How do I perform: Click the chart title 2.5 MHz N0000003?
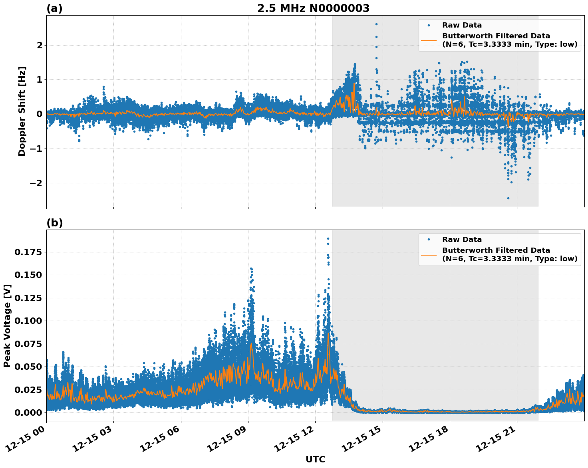[x=313, y=8]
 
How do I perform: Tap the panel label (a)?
[x=54, y=8]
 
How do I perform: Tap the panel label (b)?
[x=54, y=223]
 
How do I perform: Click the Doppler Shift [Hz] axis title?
[x=22, y=111]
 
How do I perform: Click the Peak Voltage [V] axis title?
[x=7, y=325]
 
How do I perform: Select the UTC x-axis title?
[x=315, y=459]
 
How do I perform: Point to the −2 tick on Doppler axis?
[x=36, y=183]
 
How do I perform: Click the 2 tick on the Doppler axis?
[x=39, y=46]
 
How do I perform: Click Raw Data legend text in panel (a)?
[x=462, y=25]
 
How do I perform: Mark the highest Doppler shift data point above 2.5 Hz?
[x=376, y=24]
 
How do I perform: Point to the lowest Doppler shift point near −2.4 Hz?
[x=508, y=198]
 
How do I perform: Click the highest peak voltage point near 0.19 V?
[x=328, y=238]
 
